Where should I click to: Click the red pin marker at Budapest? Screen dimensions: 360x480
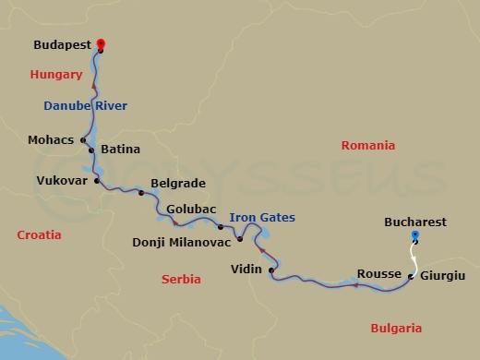click(x=100, y=44)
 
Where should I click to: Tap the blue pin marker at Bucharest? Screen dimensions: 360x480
click(x=414, y=236)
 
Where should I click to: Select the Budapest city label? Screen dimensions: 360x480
click(x=62, y=43)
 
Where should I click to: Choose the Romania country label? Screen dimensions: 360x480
click(x=367, y=146)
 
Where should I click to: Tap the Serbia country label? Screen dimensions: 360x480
click(x=181, y=279)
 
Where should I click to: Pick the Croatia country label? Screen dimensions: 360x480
click(x=40, y=235)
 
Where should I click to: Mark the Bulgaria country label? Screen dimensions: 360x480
click(x=395, y=328)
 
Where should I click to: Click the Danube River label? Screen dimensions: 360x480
click(x=85, y=106)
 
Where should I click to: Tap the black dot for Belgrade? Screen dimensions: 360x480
click(x=141, y=193)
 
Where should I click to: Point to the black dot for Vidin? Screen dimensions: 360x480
click(x=271, y=270)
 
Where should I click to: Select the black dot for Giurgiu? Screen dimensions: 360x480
click(x=410, y=275)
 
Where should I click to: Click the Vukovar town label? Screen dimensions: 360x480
click(x=62, y=181)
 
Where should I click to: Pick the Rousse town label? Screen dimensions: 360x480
click(x=378, y=274)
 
